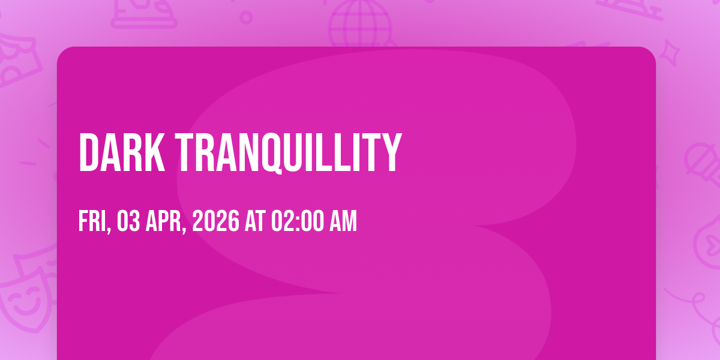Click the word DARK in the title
122,152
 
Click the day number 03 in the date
128,221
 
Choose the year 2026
215,221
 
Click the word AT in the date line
255,221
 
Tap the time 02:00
298,221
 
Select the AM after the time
343,221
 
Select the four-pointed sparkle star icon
670,53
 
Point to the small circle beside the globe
246,17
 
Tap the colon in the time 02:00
298,223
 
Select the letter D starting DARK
89,152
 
